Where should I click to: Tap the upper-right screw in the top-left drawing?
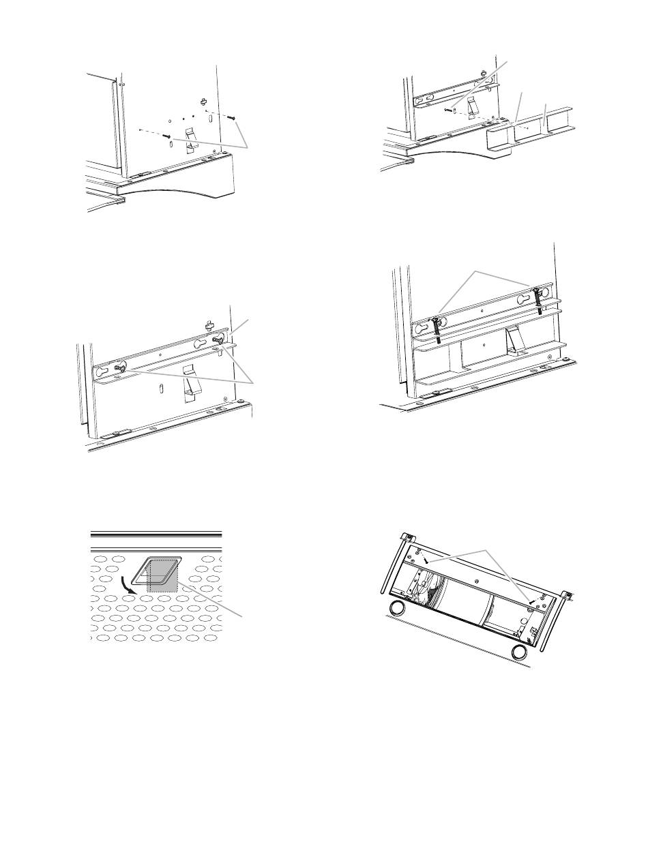click(231, 118)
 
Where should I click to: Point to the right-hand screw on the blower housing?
click(531, 600)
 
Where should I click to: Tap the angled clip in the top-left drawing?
click(192, 137)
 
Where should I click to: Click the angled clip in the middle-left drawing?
click(189, 389)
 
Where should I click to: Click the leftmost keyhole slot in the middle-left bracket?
click(102, 373)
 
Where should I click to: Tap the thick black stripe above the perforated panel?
click(156, 534)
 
